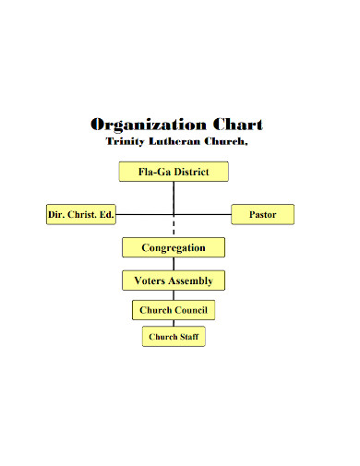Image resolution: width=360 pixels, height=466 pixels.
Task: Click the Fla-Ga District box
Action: coord(174,172)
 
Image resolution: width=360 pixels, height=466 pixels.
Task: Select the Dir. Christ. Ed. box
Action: coord(81,215)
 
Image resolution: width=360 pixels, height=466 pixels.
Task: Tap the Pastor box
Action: coord(262,215)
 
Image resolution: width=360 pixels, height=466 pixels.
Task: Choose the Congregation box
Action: coord(174,247)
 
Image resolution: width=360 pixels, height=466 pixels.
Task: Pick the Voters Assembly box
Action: coord(174,281)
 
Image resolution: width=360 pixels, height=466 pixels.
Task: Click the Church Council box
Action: coord(174,310)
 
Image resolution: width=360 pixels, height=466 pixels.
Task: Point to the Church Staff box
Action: coord(174,337)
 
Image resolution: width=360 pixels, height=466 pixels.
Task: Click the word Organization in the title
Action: coord(149,125)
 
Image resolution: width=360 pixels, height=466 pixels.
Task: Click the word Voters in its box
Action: coord(152,281)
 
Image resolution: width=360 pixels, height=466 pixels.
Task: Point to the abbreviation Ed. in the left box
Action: coord(106,215)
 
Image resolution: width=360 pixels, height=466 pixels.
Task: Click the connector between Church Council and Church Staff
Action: coord(174,323)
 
